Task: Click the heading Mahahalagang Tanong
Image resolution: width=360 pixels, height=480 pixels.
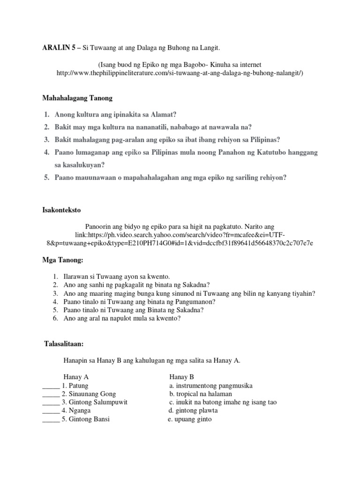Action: [77, 98]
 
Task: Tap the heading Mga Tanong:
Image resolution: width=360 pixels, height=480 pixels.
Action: [62, 260]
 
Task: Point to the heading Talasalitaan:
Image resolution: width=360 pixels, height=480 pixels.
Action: [63, 345]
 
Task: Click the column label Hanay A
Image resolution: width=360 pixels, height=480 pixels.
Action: [76, 377]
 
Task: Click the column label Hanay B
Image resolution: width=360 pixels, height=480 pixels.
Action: [181, 377]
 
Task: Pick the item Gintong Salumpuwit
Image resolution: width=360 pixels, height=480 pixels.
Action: [98, 403]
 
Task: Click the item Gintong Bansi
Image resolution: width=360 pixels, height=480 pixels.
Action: [89, 420]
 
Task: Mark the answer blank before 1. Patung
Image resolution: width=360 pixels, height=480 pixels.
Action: [51, 387]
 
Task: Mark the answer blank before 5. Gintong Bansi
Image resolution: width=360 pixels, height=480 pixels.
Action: [51, 420]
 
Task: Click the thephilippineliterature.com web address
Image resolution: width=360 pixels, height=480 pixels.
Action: [180, 74]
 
